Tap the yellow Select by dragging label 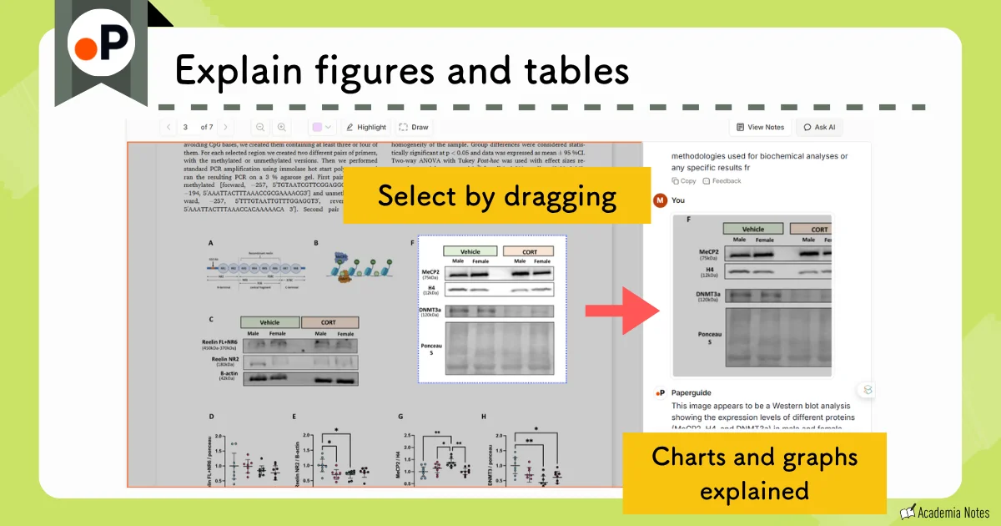496,196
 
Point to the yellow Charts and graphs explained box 754,473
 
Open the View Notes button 760,127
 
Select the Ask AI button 819,127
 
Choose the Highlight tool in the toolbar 365,127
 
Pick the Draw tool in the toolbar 414,127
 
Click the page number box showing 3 185,127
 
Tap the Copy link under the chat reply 684,180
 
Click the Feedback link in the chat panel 722,180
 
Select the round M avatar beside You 660,200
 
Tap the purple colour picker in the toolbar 321,127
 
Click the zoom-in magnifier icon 282,127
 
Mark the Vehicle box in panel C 269,322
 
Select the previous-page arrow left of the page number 168,127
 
